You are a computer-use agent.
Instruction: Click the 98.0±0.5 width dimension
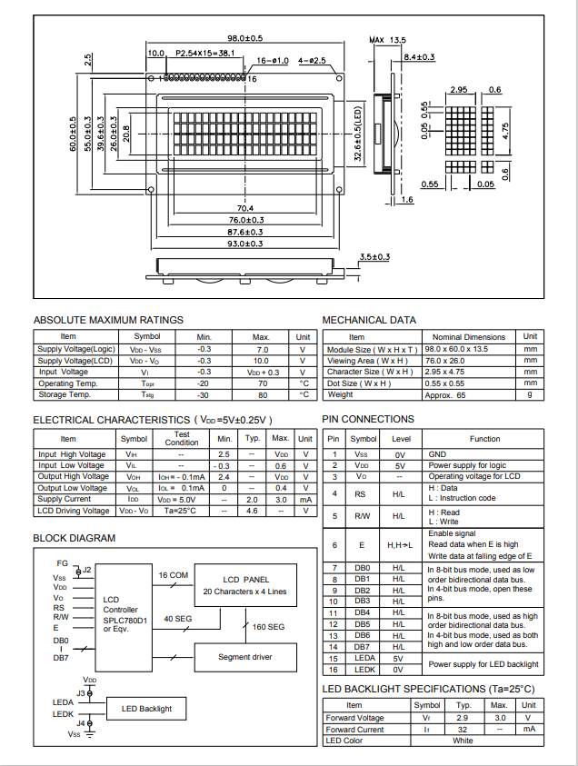244,38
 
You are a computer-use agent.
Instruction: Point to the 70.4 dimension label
244,209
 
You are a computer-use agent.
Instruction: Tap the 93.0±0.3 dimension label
244,244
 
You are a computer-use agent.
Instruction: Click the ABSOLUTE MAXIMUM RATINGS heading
108,320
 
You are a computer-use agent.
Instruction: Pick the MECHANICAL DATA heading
369,320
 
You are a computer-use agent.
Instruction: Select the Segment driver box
244,656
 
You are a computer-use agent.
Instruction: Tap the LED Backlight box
140,709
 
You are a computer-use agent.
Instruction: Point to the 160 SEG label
269,627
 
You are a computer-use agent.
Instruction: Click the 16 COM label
173,575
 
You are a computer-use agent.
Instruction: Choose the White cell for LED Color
463,741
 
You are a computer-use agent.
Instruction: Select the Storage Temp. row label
65,395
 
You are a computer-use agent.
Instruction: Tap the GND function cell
437,453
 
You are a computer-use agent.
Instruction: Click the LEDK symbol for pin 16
364,670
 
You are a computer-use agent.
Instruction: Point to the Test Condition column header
182,439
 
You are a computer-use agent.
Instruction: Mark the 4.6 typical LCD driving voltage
253,511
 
